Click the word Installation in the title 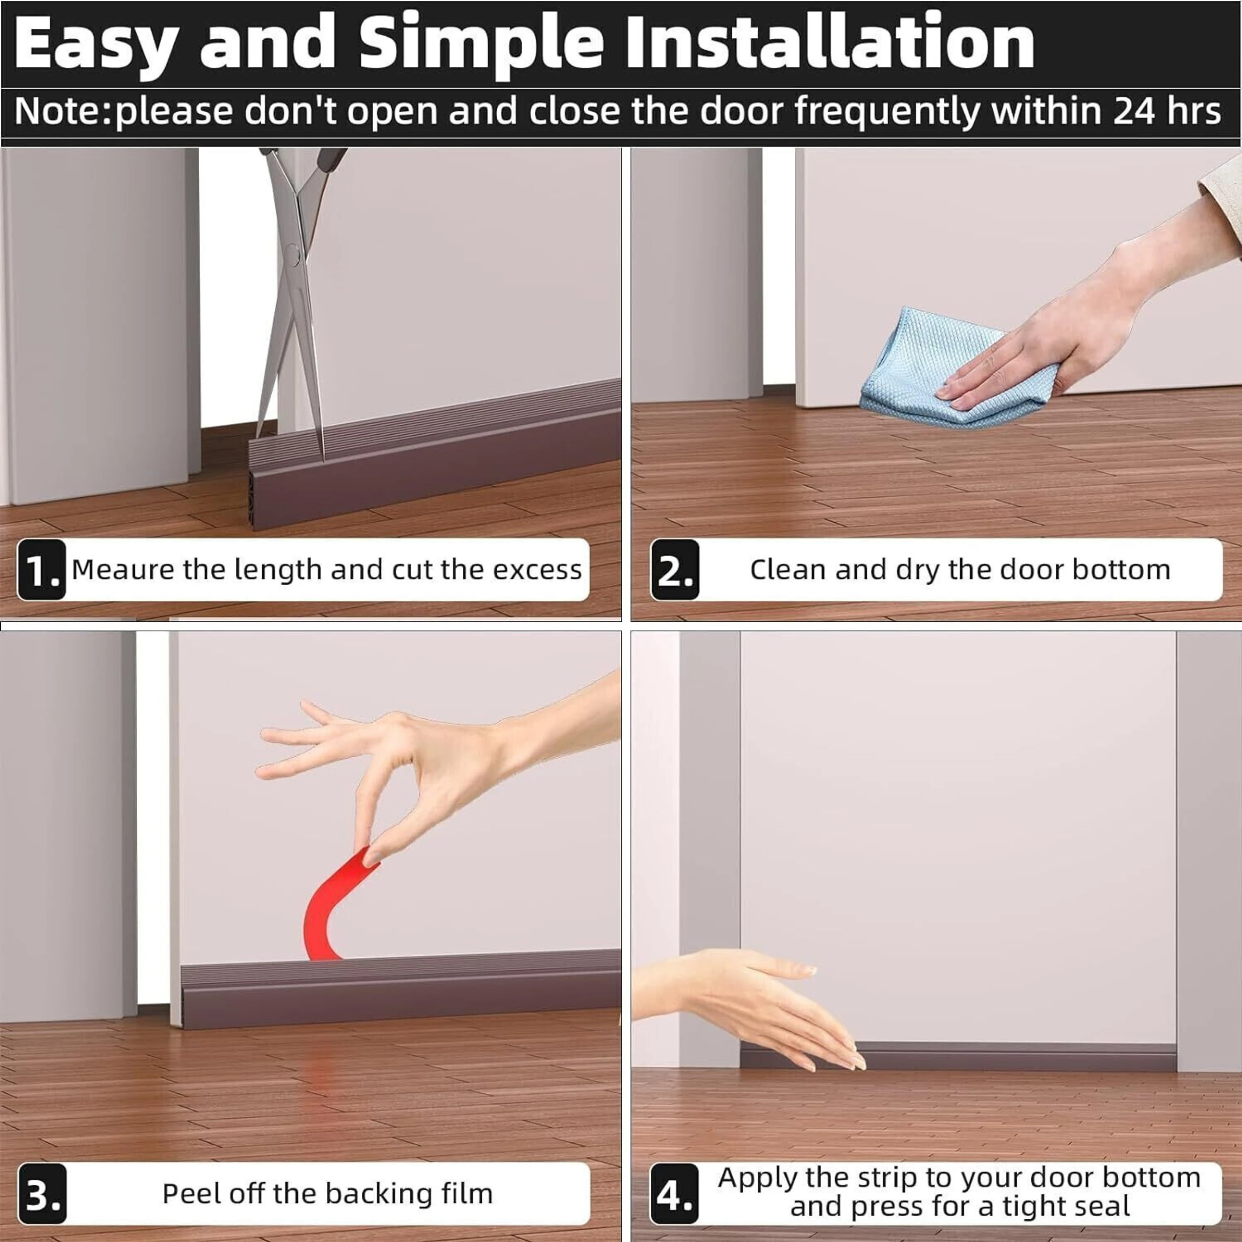[830, 42]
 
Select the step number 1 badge [41, 570]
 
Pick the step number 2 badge [674, 570]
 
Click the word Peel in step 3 [184, 1194]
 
